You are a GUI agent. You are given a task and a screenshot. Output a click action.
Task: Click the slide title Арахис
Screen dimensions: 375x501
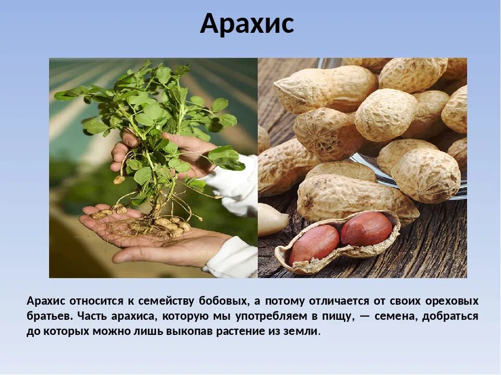[247, 24]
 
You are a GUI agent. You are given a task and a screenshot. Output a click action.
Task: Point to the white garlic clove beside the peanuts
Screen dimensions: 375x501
[271, 219]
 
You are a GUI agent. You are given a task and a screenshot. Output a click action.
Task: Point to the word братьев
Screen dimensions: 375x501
[49, 316]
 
